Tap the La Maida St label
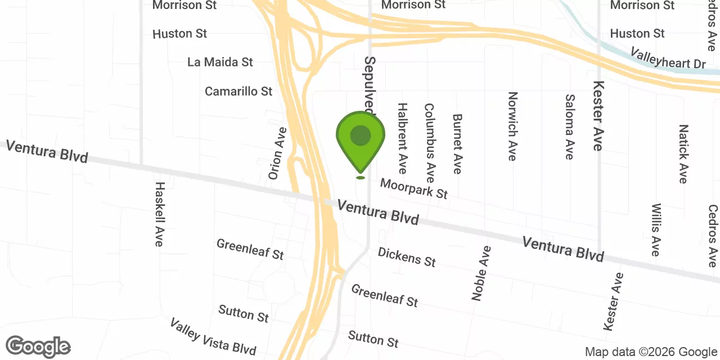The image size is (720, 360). coord(220,62)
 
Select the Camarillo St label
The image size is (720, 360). coord(238,91)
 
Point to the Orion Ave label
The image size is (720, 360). coord(278,153)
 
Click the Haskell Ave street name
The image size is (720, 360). coord(160,214)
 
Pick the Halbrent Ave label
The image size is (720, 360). coord(402,138)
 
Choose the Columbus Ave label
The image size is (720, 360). coord(430,142)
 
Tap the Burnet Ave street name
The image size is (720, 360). coord(457,143)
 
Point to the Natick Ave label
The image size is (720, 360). coord(683,154)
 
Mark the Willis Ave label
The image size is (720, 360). coord(656,229)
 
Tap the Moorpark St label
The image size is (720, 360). coord(413,188)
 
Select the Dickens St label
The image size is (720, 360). coord(407,256)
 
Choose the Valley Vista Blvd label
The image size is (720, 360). coord(213,336)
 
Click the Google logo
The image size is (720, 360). coord(38,346)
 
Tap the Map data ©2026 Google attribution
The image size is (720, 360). coord(651,352)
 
